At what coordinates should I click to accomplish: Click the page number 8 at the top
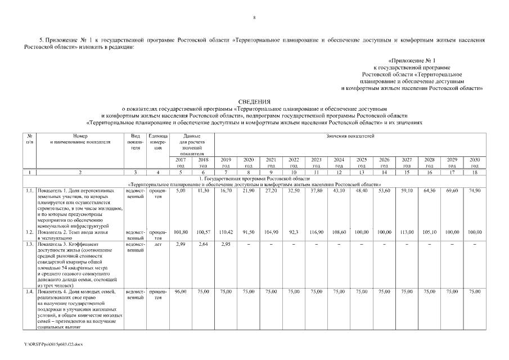[254, 18]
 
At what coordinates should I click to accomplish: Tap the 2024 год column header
[339, 163]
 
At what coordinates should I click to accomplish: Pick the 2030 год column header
[475, 163]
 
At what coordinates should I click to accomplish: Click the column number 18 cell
[475, 172]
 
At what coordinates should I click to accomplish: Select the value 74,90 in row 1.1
[475, 191]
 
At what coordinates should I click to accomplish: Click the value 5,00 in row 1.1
[181, 191]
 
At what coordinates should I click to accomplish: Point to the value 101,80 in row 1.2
[181, 232]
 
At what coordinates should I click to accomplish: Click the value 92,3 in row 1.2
[294, 232]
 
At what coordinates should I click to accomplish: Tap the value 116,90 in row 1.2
[316, 232]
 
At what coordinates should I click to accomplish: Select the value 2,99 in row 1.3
[181, 244]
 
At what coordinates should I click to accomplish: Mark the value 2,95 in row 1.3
[226, 244]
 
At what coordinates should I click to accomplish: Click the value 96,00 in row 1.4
[181, 291]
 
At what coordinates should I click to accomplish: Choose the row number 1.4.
[29, 291]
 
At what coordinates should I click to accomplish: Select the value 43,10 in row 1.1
[339, 191]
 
